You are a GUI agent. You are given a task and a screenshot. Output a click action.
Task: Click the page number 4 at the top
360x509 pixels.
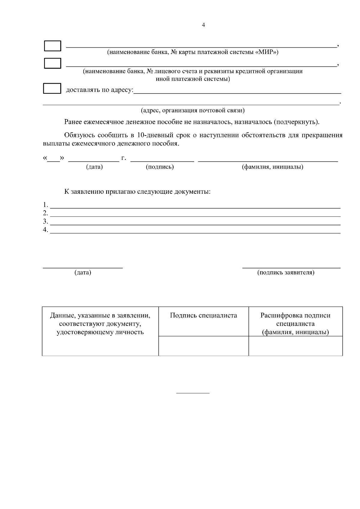click(x=203, y=25)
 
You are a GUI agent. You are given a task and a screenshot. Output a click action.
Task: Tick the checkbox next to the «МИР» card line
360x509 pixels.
click(x=52, y=46)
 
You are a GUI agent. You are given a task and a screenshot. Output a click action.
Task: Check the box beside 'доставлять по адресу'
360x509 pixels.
click(x=52, y=88)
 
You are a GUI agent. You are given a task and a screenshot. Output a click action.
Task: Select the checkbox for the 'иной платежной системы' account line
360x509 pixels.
click(x=52, y=63)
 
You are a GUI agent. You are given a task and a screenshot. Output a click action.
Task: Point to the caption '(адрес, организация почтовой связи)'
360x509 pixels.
click(x=193, y=110)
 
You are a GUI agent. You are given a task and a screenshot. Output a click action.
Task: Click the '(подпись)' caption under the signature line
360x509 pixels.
click(x=160, y=167)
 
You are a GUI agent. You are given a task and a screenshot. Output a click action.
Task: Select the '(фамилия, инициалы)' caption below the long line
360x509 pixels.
click(x=272, y=167)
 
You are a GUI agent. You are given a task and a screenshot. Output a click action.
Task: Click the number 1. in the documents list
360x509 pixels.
click(x=45, y=205)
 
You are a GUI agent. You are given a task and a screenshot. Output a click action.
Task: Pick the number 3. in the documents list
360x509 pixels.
click(x=45, y=221)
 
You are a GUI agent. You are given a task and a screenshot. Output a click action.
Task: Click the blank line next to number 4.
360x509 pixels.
click(x=195, y=232)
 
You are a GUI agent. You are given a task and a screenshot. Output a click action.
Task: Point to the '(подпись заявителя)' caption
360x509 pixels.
click(x=286, y=272)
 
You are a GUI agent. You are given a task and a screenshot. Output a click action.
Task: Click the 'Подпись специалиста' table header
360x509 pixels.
click(x=203, y=315)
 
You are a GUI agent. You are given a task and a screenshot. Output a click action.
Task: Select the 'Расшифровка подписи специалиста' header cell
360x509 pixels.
click(x=295, y=324)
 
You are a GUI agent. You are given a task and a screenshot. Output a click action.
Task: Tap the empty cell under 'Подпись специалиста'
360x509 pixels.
click(x=203, y=346)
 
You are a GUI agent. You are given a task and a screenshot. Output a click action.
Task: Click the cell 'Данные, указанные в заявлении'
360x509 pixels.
click(x=100, y=324)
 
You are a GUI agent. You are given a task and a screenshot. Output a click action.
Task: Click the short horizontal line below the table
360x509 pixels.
click(x=193, y=393)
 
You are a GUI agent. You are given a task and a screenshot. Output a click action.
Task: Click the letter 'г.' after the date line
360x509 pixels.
click(x=123, y=158)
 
